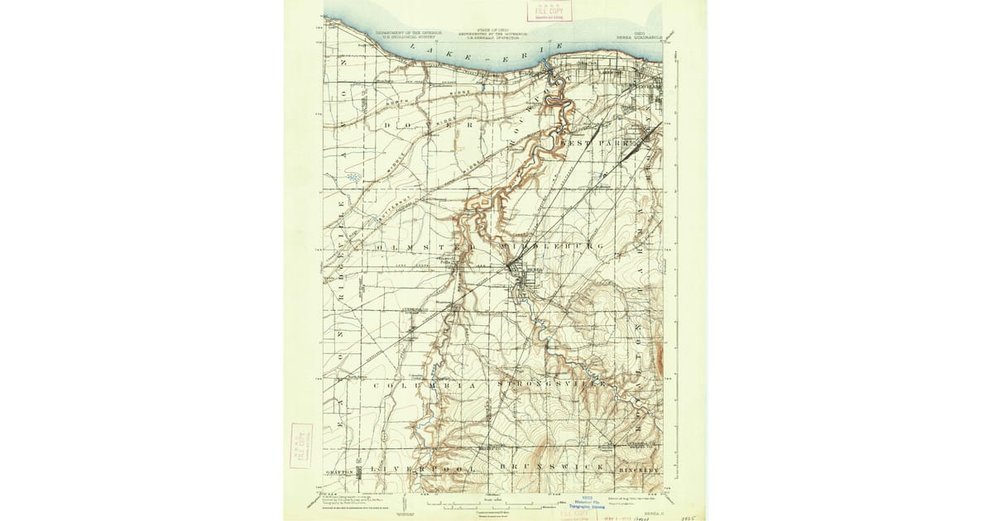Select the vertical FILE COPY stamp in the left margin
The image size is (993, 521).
pos(301,446)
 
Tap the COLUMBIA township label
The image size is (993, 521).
pos(426,386)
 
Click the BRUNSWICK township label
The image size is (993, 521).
pos(552,468)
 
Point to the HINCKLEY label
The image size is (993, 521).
pos(640,469)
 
